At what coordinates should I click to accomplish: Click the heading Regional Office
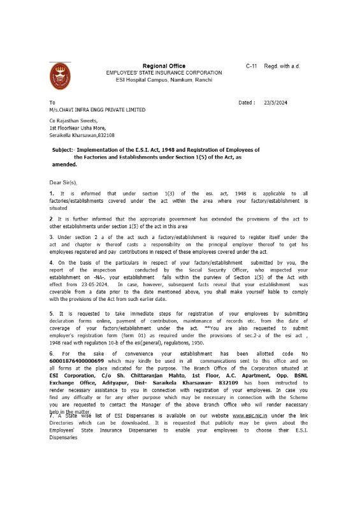[x=164, y=66]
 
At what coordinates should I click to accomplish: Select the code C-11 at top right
[x=251, y=66]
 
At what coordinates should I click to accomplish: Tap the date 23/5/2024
[x=276, y=102]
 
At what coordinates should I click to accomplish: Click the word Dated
[x=246, y=102]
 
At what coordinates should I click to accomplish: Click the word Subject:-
[x=65, y=150]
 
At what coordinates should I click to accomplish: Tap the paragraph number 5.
[x=51, y=314]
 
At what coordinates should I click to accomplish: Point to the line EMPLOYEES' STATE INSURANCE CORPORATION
[x=164, y=73]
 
